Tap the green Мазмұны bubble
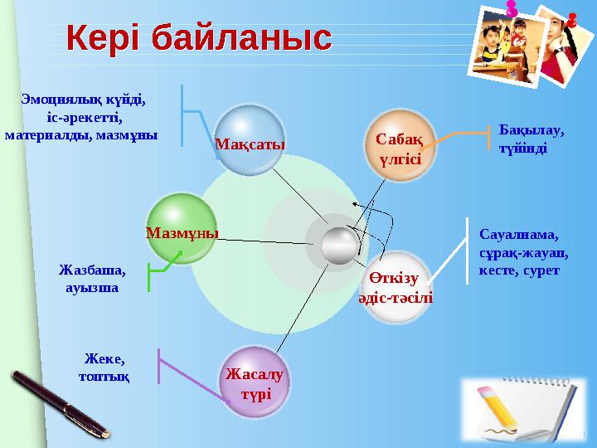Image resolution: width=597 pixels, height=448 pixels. click(x=182, y=229)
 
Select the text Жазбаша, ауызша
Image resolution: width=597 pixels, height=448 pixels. click(x=92, y=279)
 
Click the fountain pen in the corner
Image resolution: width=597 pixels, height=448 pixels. click(x=58, y=404)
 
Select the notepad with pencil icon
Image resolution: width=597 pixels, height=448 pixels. click(x=518, y=411)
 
